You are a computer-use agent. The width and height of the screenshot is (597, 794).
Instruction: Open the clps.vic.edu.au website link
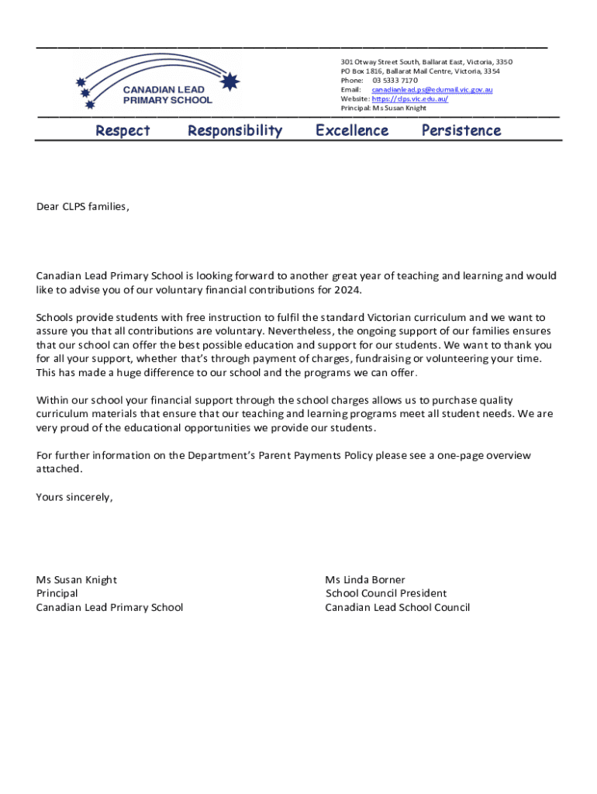(x=409, y=99)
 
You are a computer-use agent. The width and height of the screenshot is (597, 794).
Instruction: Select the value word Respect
(x=123, y=131)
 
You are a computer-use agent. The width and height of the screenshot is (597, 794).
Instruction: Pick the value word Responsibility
(x=235, y=131)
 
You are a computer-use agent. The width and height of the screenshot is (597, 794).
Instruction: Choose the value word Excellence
(x=352, y=131)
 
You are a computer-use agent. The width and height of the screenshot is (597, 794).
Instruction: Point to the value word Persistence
(x=461, y=131)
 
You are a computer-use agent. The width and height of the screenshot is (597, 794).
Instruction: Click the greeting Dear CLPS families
(x=82, y=207)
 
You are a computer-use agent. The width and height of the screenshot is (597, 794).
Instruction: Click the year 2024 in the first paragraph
(x=347, y=290)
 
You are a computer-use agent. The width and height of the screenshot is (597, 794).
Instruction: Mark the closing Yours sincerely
(x=74, y=498)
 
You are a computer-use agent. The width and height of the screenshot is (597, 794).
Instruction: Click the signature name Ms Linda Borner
(x=365, y=580)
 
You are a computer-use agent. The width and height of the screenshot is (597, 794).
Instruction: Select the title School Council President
(x=386, y=594)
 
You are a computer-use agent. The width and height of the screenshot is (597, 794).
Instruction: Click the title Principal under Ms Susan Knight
(x=57, y=594)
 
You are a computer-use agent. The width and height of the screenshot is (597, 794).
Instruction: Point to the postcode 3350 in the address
(x=504, y=62)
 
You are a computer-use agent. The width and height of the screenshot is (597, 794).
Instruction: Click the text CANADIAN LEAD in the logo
(x=164, y=90)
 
